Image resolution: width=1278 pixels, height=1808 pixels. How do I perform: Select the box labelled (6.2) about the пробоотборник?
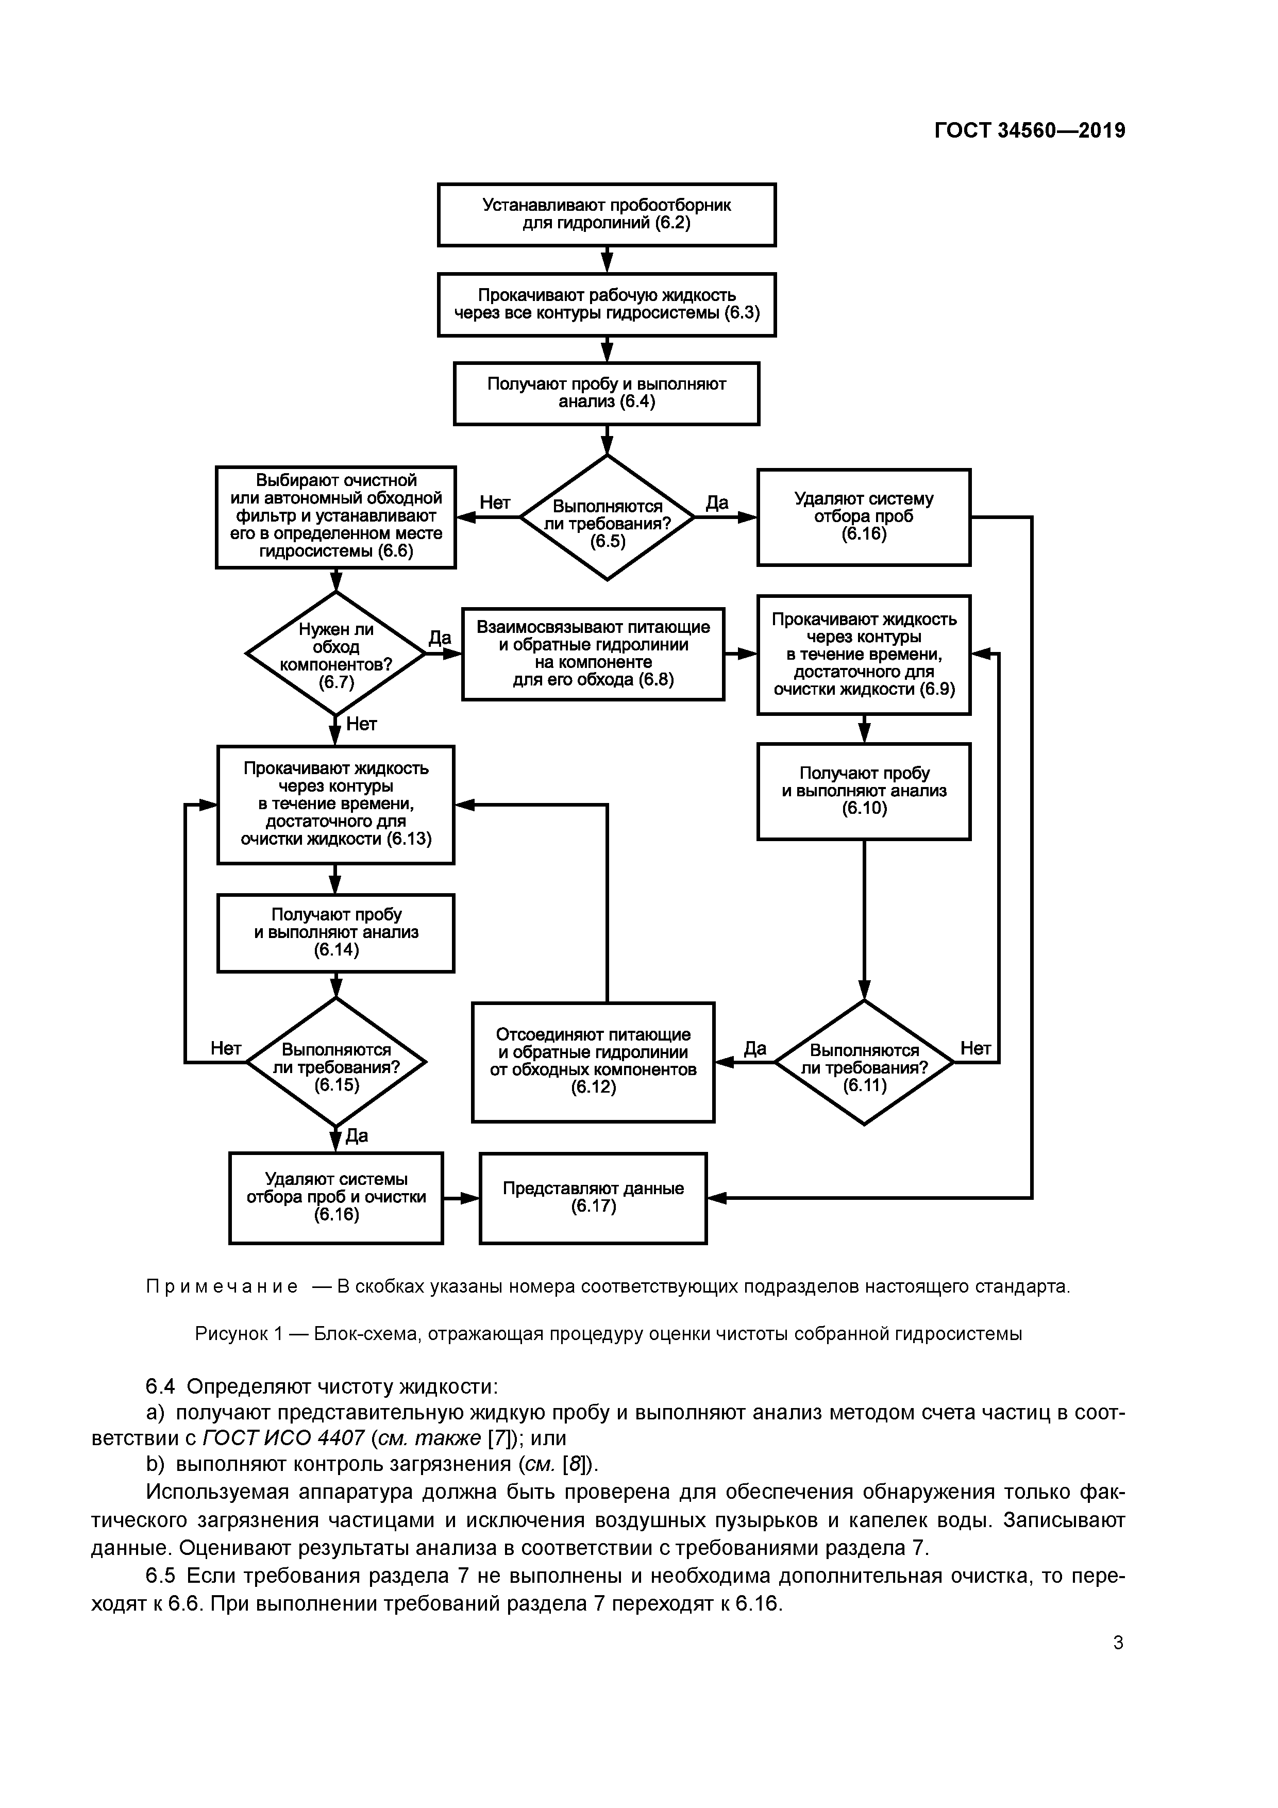pyautogui.click(x=607, y=214)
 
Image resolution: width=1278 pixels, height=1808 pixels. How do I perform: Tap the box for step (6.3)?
pyautogui.click(x=607, y=305)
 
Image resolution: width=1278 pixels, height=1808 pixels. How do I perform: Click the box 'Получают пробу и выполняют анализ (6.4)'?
pyautogui.click(x=607, y=393)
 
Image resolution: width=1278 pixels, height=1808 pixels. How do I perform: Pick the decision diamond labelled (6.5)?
pyautogui.click(x=607, y=517)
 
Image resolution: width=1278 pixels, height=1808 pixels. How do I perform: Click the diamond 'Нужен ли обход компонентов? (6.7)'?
pyautogui.click(x=336, y=654)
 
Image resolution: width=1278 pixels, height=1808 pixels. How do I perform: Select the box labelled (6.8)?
pyautogui.click(x=593, y=654)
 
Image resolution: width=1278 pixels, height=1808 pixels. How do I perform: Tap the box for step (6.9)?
pyautogui.click(x=864, y=655)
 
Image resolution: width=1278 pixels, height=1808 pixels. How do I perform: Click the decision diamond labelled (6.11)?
pyautogui.click(x=864, y=1062)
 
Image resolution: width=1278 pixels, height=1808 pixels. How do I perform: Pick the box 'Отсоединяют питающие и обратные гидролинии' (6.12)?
pyautogui.click(x=593, y=1062)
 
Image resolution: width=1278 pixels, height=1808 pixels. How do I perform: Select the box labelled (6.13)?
pyautogui.click(x=335, y=804)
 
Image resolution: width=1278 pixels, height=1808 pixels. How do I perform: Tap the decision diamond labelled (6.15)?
pyautogui.click(x=336, y=1062)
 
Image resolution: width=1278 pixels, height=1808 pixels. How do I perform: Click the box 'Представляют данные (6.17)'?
pyautogui.click(x=593, y=1198)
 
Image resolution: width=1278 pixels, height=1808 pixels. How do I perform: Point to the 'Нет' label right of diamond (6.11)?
pyautogui.click(x=975, y=1048)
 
